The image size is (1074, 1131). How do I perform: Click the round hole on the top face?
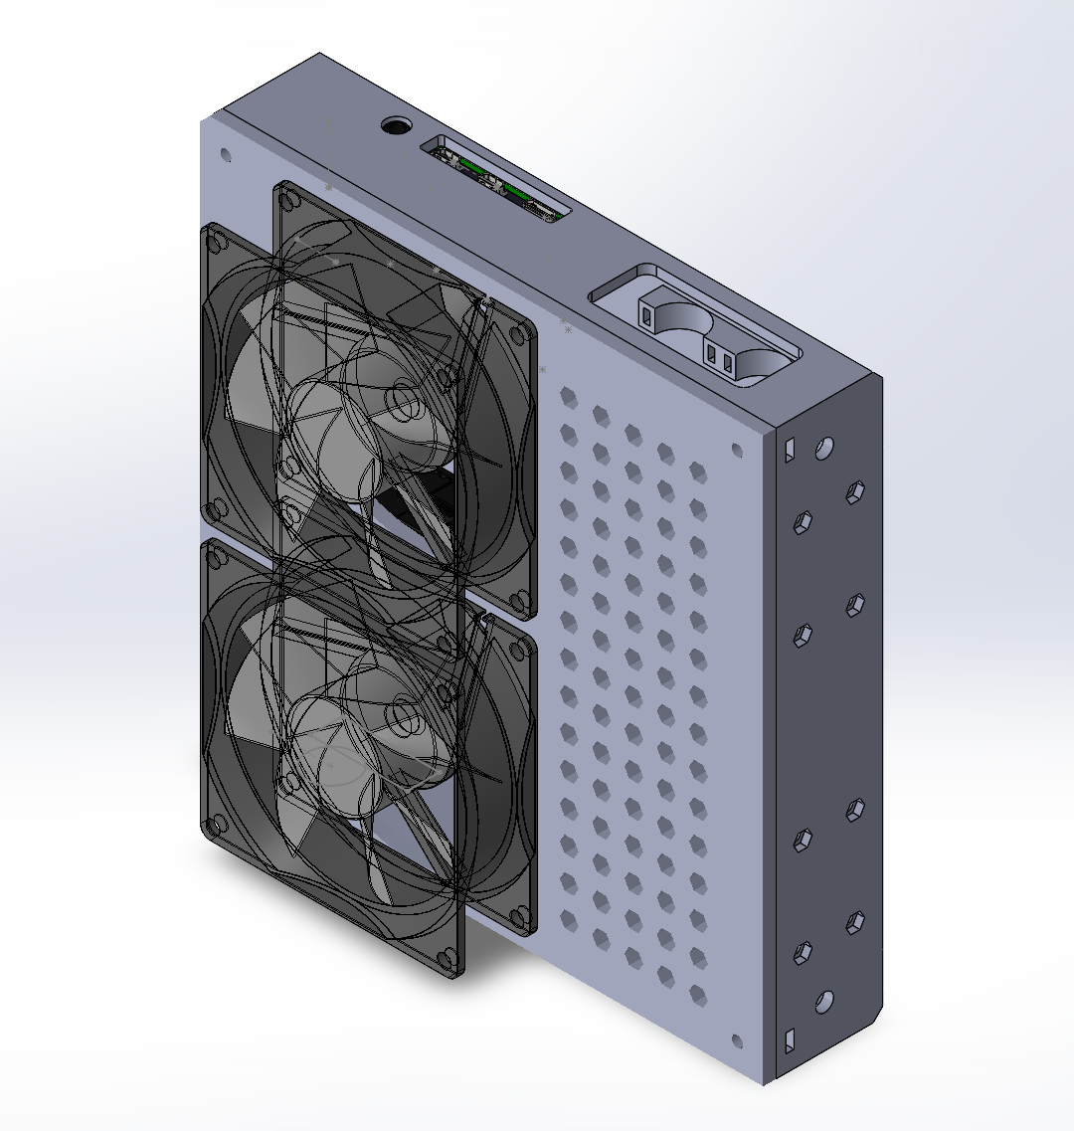[396, 126]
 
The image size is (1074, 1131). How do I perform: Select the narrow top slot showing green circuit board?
[496, 181]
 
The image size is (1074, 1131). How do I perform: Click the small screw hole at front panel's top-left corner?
[225, 155]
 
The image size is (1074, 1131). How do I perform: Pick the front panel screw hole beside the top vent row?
[737, 450]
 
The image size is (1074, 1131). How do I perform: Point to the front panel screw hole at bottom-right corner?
[737, 1042]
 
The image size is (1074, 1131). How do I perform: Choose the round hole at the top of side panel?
[823, 449]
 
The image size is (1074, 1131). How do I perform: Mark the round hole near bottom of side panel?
[823, 1001]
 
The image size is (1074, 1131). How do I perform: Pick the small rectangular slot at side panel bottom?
[791, 1040]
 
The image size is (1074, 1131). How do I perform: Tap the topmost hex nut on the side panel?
[852, 491]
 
